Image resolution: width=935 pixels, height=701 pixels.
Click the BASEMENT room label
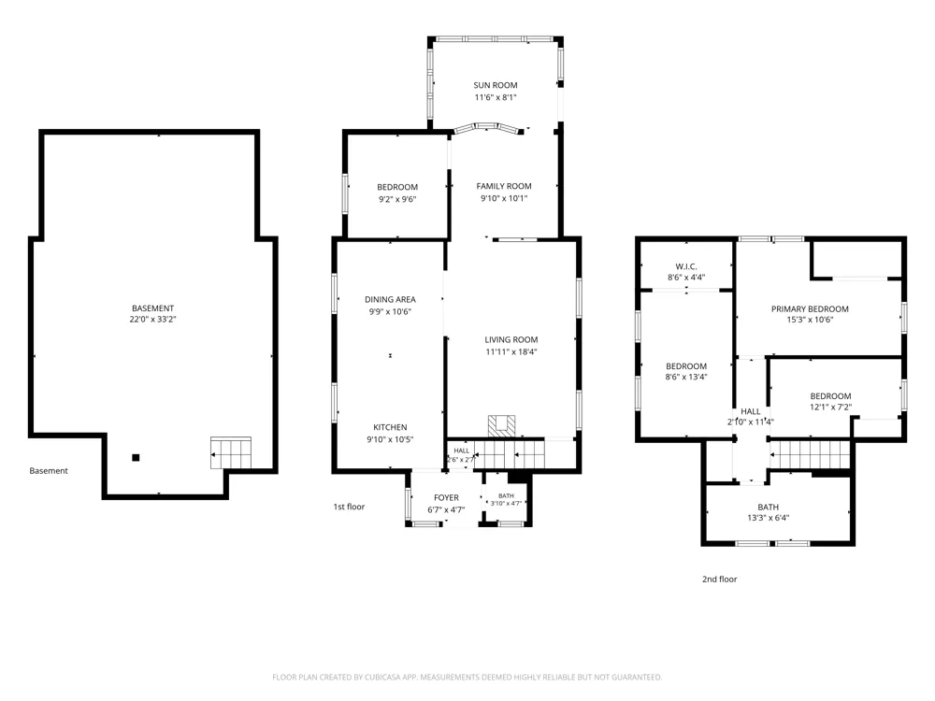tap(152, 308)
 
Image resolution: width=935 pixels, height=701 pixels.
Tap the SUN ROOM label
tap(496, 85)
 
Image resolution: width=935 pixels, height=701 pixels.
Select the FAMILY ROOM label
tap(504, 186)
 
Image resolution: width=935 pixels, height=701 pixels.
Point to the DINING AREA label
tap(391, 299)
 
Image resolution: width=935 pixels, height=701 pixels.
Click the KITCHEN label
tap(391, 427)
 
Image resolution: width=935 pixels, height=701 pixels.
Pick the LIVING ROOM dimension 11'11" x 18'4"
tap(511, 351)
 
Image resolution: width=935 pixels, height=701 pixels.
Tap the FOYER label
tap(447, 498)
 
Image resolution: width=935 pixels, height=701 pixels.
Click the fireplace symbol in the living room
tap(501, 425)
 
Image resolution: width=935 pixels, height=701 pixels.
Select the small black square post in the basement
tap(136, 458)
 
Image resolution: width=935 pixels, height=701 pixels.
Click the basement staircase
tap(231, 453)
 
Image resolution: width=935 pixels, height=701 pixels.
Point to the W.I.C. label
tap(686, 266)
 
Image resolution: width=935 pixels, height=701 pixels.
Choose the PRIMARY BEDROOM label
tap(810, 308)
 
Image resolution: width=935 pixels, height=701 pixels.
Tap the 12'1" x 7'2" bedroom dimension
tap(830, 408)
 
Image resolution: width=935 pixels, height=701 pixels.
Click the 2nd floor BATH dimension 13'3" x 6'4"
tap(768, 518)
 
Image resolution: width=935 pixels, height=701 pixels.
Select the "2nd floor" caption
tap(720, 579)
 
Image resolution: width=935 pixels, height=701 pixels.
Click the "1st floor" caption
tap(349, 507)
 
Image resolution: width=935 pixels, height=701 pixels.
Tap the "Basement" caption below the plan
tap(49, 471)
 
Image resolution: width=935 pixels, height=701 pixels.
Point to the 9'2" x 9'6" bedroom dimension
tap(397, 199)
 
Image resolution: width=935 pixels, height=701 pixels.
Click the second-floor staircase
tap(810, 455)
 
